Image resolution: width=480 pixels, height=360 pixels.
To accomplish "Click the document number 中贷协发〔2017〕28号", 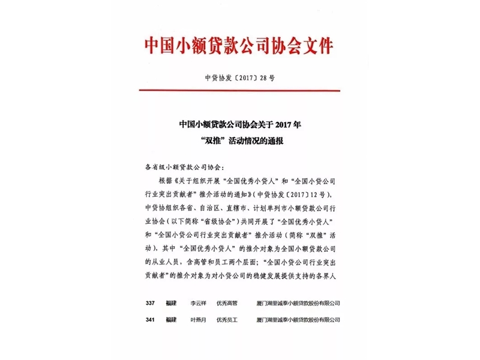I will pos(239,78).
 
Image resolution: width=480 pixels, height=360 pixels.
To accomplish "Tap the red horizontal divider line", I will pos(239,91).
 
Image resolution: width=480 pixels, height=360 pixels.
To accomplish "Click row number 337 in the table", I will pos(150,304).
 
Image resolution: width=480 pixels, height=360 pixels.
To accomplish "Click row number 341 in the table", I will pos(150,320).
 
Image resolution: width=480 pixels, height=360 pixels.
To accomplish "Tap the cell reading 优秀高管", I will pos(228,304).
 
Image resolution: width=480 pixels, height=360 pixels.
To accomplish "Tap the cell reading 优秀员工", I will pos(228,320).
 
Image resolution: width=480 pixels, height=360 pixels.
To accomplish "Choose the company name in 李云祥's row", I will pos(298,304).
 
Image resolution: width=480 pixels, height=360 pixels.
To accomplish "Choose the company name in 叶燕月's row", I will pos(298,320).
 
